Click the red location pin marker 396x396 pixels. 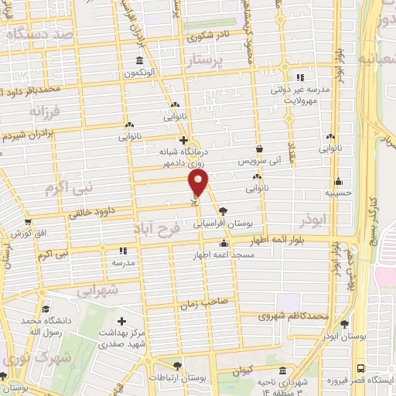199,183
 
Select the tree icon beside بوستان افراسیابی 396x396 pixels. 224,210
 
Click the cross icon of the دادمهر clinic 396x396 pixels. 183,141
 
